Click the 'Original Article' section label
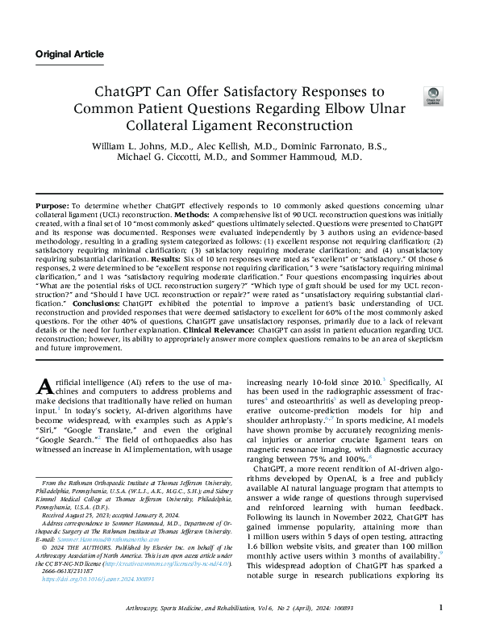point(69,54)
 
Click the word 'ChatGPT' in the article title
point(127,92)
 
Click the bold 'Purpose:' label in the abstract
point(53,207)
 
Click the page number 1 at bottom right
point(439,608)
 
